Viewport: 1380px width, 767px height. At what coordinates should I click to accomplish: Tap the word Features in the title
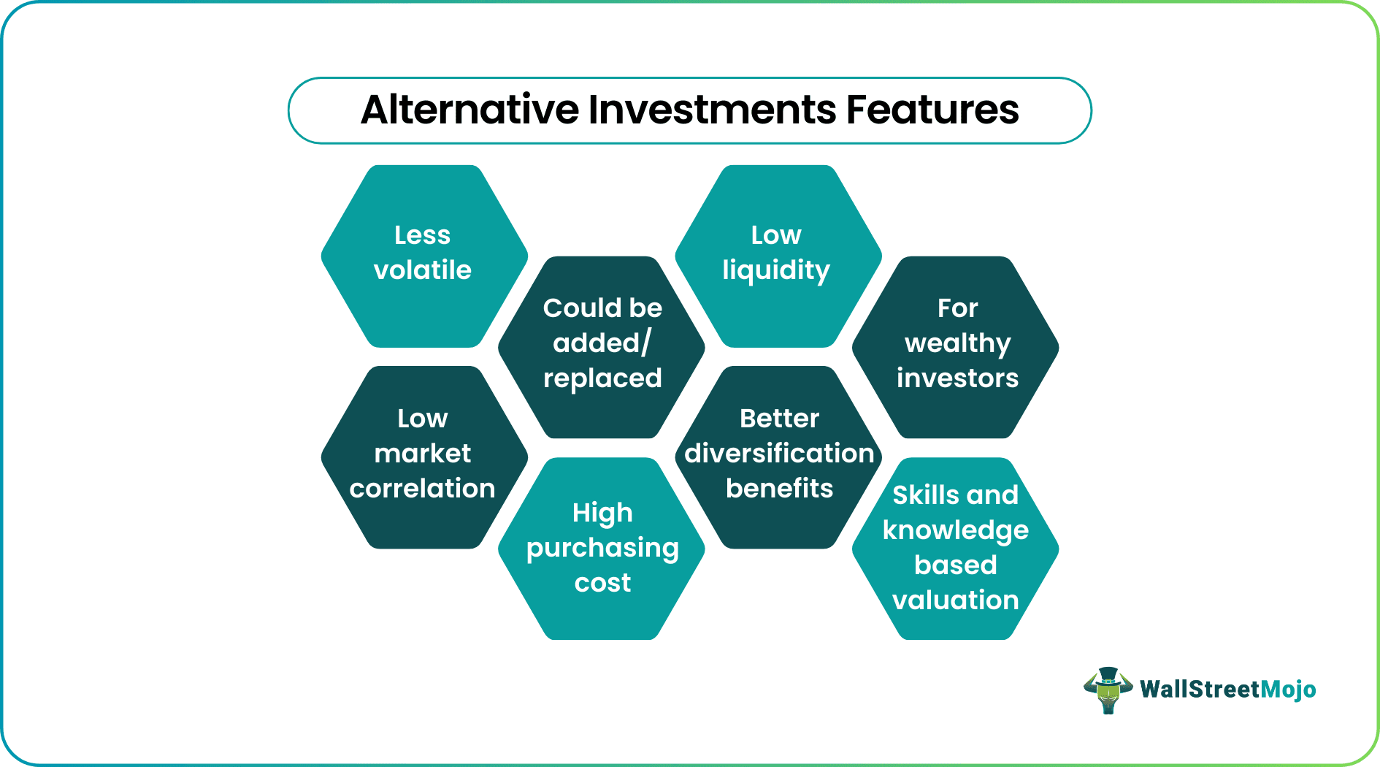pyautogui.click(x=932, y=110)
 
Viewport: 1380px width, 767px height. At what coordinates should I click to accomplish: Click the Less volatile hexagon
pyautogui.click(x=423, y=256)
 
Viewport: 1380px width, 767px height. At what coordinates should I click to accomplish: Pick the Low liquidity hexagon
pyautogui.click(x=778, y=256)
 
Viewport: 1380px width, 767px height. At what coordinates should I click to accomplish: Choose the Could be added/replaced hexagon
pyautogui.click(x=602, y=347)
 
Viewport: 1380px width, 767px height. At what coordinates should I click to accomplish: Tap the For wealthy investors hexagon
pyautogui.click(x=956, y=347)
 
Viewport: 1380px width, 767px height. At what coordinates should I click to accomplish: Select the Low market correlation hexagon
pyautogui.click(x=423, y=457)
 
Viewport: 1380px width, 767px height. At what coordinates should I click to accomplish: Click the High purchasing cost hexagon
pyautogui.click(x=602, y=549)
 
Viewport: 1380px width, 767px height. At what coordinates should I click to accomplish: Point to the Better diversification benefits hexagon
pyautogui.click(x=778, y=457)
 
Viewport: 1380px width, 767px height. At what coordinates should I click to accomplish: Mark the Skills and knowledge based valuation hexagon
pyautogui.click(x=955, y=549)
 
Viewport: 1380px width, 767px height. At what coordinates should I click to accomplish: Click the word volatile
pyautogui.click(x=422, y=270)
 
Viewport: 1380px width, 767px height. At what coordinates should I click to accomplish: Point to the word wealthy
pyautogui.click(x=957, y=343)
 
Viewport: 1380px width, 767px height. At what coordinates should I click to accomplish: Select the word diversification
pyautogui.click(x=779, y=454)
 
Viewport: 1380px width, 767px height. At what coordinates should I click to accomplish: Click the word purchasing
pyautogui.click(x=602, y=549)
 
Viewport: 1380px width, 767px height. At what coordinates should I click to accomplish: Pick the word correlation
pyautogui.click(x=422, y=488)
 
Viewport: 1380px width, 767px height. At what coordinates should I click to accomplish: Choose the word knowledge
pyautogui.click(x=955, y=531)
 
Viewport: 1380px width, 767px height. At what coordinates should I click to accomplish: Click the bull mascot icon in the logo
pyautogui.click(x=1108, y=690)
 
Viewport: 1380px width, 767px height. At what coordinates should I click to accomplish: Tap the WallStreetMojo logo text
pyautogui.click(x=1227, y=690)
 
